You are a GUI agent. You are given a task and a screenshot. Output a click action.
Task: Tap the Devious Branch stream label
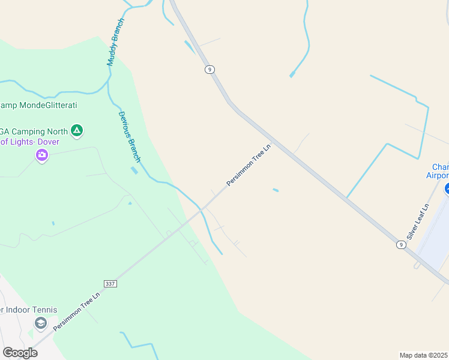tap(129, 137)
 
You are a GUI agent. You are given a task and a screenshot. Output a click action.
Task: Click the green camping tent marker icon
tap(76, 130)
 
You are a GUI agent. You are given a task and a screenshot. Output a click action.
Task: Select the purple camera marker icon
tap(41, 155)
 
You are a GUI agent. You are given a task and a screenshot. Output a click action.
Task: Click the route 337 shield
tap(109, 283)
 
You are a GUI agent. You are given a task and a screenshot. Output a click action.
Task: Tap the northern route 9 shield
tap(209, 70)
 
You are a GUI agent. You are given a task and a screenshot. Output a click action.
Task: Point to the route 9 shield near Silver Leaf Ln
tap(400, 244)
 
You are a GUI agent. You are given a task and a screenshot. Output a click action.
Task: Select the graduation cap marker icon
tap(40, 323)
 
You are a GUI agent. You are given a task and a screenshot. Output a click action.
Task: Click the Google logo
tap(20, 353)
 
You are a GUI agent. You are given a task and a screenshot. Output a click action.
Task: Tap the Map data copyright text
tap(424, 355)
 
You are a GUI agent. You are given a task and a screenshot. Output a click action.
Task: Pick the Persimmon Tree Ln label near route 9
tap(249, 164)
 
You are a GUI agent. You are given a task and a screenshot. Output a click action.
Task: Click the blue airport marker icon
tap(447, 190)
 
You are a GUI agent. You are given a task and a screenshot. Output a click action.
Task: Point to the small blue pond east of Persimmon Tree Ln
tap(276, 191)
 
